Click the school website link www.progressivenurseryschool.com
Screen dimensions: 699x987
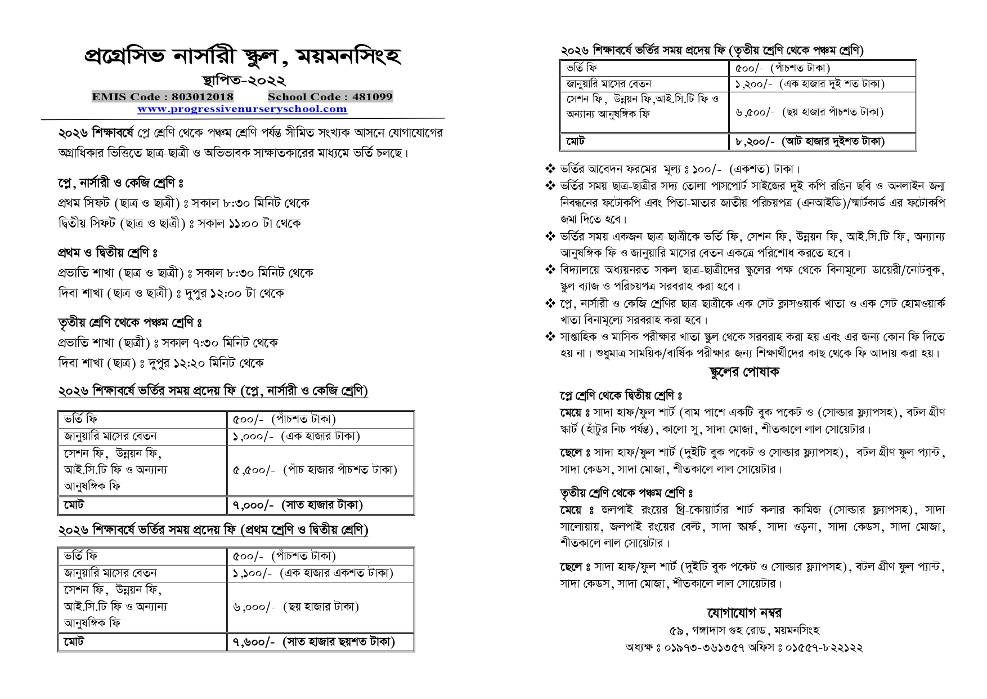click(242, 109)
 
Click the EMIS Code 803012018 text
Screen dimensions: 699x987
click(163, 97)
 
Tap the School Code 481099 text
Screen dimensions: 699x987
click(330, 97)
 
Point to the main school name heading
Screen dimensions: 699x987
click(243, 56)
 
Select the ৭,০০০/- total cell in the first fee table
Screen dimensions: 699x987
click(298, 505)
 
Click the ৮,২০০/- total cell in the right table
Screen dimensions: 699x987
click(810, 141)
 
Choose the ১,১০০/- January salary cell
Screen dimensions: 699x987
click(313, 573)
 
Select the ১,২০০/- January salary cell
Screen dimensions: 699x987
click(810, 84)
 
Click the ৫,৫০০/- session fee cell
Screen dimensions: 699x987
click(315, 470)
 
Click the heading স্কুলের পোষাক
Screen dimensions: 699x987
click(743, 372)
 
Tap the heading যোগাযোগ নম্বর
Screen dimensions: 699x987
click(744, 612)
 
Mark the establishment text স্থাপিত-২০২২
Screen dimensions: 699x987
click(243, 81)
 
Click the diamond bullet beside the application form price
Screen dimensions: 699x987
click(550, 168)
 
